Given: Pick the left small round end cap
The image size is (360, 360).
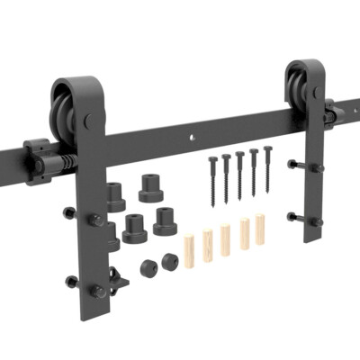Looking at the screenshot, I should pyautogui.click(x=148, y=267).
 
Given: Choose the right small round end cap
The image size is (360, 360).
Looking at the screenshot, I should pyautogui.click(x=167, y=261).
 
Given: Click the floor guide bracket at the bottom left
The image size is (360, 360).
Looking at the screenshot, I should pyautogui.click(x=116, y=275).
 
